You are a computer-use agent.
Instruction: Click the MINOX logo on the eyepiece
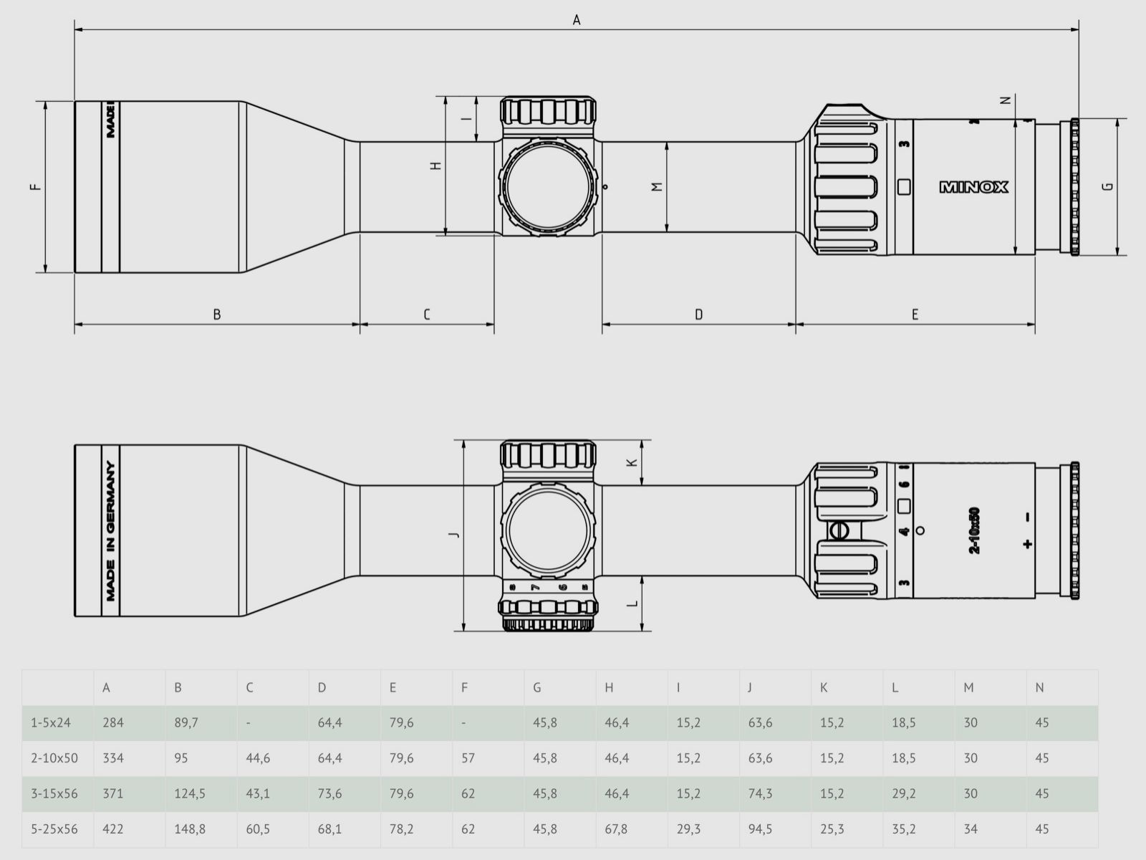tap(974, 187)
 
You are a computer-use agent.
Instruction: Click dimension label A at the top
tap(577, 20)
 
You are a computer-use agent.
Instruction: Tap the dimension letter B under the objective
tap(217, 314)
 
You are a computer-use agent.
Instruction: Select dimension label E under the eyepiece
tap(915, 314)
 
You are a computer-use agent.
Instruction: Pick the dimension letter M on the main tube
tap(657, 187)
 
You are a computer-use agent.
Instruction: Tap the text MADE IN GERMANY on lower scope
tap(111, 531)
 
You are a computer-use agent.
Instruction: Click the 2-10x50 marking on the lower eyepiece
tap(974, 531)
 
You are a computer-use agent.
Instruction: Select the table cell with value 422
tap(113, 829)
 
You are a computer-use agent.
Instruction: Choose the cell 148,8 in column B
tap(190, 829)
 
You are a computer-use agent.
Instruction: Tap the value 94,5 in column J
tap(760, 829)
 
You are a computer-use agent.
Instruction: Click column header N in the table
tap(1039, 687)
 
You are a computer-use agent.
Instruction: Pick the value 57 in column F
tap(468, 758)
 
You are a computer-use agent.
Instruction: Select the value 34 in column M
tap(970, 829)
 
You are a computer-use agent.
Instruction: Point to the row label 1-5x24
tap(51, 722)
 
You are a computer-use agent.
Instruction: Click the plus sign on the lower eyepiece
tap(1029, 543)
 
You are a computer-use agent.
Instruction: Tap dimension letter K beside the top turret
tap(632, 462)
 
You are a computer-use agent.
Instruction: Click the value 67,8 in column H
tap(616, 829)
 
